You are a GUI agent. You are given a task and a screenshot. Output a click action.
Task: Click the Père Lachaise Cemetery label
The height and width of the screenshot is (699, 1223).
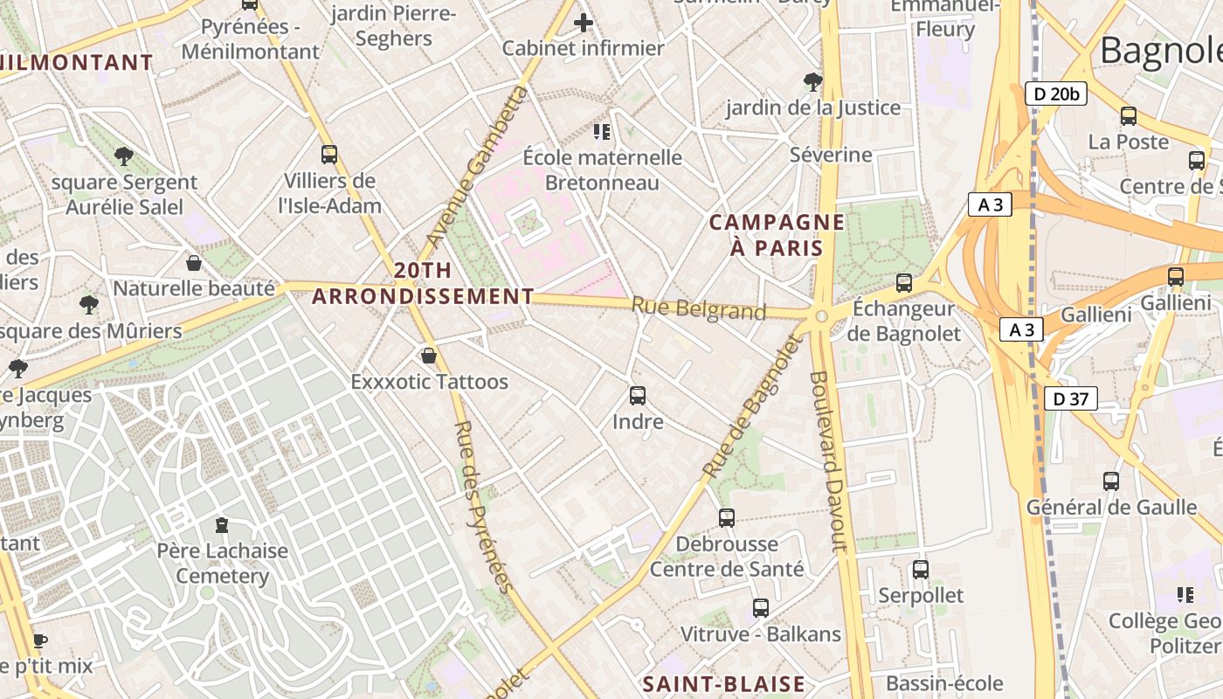(222, 564)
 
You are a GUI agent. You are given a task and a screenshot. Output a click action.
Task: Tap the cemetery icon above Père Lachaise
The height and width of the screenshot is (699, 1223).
(222, 525)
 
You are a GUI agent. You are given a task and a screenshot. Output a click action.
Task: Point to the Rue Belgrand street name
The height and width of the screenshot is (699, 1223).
(698, 309)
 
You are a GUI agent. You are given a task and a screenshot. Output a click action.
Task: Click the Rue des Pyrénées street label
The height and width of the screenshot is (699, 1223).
(481, 507)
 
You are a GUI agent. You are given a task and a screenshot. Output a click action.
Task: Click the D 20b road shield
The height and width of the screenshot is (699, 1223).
(1055, 93)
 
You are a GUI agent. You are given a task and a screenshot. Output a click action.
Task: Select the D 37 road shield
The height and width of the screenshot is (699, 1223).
(1070, 399)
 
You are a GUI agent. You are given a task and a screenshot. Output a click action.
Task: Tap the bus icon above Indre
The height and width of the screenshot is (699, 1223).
(638, 396)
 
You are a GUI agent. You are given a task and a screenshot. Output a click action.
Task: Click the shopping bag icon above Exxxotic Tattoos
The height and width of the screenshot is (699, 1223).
(428, 356)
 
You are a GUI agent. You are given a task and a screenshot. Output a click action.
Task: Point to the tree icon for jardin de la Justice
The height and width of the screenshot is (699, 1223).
(813, 82)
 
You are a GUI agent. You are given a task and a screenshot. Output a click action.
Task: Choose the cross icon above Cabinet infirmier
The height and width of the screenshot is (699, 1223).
(583, 23)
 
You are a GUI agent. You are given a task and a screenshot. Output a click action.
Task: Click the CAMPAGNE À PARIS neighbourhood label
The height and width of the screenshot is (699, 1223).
(777, 234)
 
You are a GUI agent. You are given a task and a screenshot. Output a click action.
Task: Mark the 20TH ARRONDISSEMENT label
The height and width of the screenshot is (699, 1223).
(423, 283)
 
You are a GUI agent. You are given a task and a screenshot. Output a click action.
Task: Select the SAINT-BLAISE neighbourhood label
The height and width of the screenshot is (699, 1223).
(724, 684)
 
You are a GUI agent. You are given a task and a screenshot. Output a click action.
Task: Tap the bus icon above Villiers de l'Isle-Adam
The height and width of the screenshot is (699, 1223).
(329, 155)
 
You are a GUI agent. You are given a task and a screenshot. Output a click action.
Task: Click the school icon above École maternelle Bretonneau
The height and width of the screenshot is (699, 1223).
(601, 132)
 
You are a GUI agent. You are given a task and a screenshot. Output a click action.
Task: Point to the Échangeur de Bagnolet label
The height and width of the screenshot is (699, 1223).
(903, 321)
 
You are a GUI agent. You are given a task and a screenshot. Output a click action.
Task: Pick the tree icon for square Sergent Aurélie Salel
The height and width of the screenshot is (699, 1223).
(124, 156)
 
